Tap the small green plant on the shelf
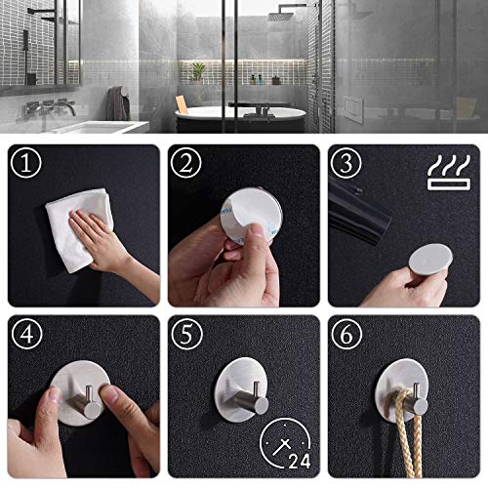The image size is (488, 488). (x=198, y=70)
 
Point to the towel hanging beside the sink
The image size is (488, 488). (x=117, y=102)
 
